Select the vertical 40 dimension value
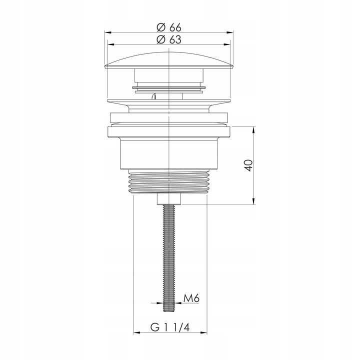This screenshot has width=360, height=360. [x=249, y=165]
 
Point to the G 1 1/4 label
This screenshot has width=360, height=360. [x=171, y=327]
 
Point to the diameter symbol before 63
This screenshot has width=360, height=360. [x=160, y=40]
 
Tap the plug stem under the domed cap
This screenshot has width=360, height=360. [x=170, y=77]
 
